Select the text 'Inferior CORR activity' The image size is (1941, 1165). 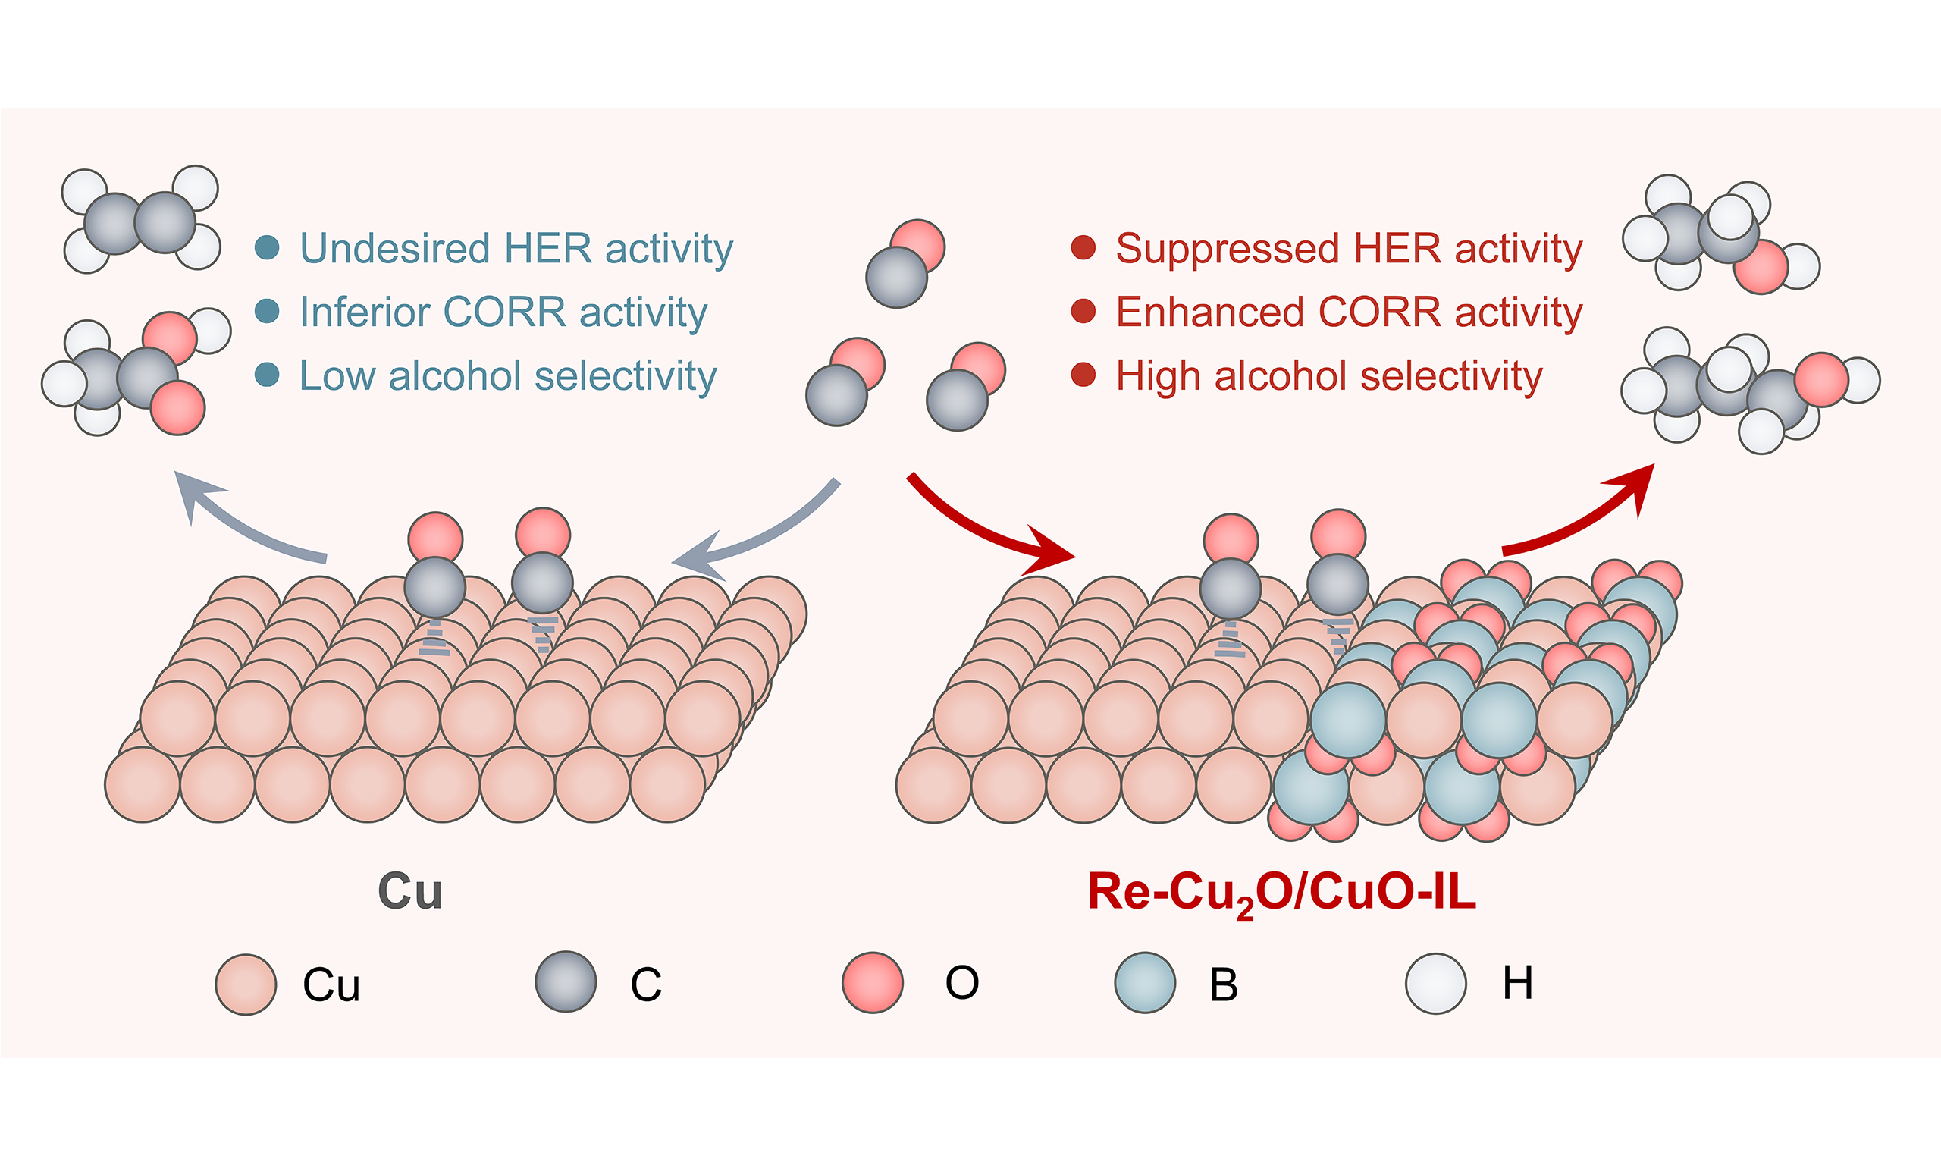(503, 313)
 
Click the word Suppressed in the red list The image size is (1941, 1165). (1227, 250)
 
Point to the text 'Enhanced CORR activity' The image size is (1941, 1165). (1350, 312)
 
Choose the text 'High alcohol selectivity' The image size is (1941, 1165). (1329, 376)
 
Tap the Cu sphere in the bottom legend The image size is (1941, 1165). (246, 984)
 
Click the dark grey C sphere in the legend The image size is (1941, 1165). (566, 982)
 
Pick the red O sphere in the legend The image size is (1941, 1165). (873, 982)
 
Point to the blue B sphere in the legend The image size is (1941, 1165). (1146, 983)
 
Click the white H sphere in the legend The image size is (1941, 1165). (1436, 984)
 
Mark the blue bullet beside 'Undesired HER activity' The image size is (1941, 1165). (268, 248)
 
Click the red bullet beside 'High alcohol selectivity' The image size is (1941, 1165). (1083, 375)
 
